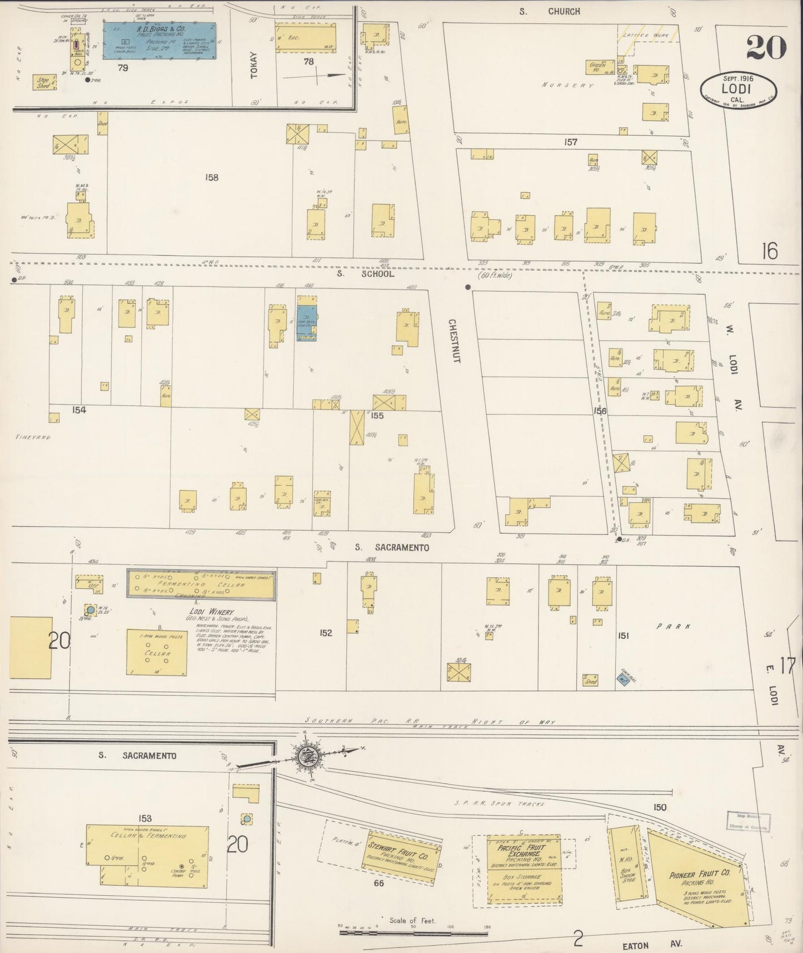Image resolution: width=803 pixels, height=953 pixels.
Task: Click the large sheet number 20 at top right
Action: pyautogui.click(x=766, y=47)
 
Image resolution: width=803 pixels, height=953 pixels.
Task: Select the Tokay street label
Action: pyautogui.click(x=255, y=65)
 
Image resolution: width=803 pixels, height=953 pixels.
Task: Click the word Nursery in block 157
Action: pyautogui.click(x=568, y=86)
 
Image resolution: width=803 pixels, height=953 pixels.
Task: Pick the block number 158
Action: pyautogui.click(x=211, y=178)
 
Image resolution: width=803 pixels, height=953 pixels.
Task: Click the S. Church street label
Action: pyautogui.click(x=550, y=11)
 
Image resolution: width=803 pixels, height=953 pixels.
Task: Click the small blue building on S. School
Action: pyautogui.click(x=307, y=322)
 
